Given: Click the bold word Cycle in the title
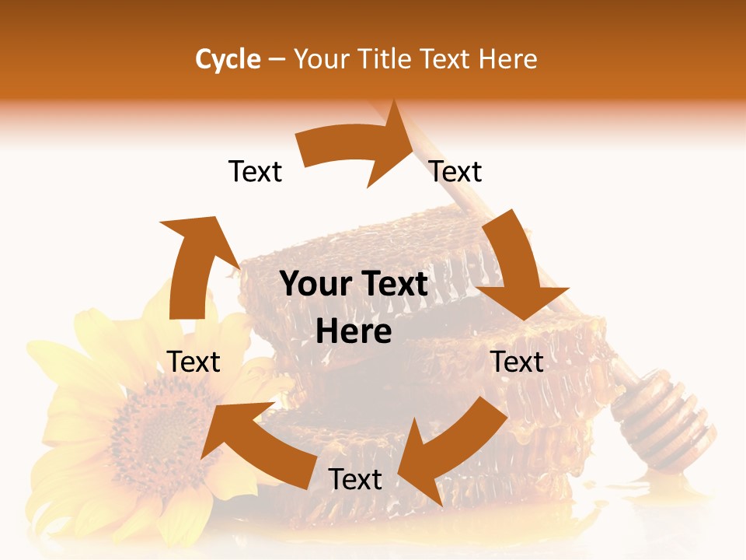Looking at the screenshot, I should click(228, 59).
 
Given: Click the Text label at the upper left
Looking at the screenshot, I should click(255, 171).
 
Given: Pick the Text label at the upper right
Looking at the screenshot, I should click(455, 171).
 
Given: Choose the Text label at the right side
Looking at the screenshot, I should click(517, 362).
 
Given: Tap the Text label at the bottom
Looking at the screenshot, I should click(355, 479).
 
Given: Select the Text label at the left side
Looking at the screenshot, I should click(193, 362).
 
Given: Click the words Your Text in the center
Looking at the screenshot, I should click(354, 285).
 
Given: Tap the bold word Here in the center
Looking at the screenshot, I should click(354, 332).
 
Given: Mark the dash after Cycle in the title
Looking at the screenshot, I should click(277, 59).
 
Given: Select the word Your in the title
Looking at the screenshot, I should click(322, 59).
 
